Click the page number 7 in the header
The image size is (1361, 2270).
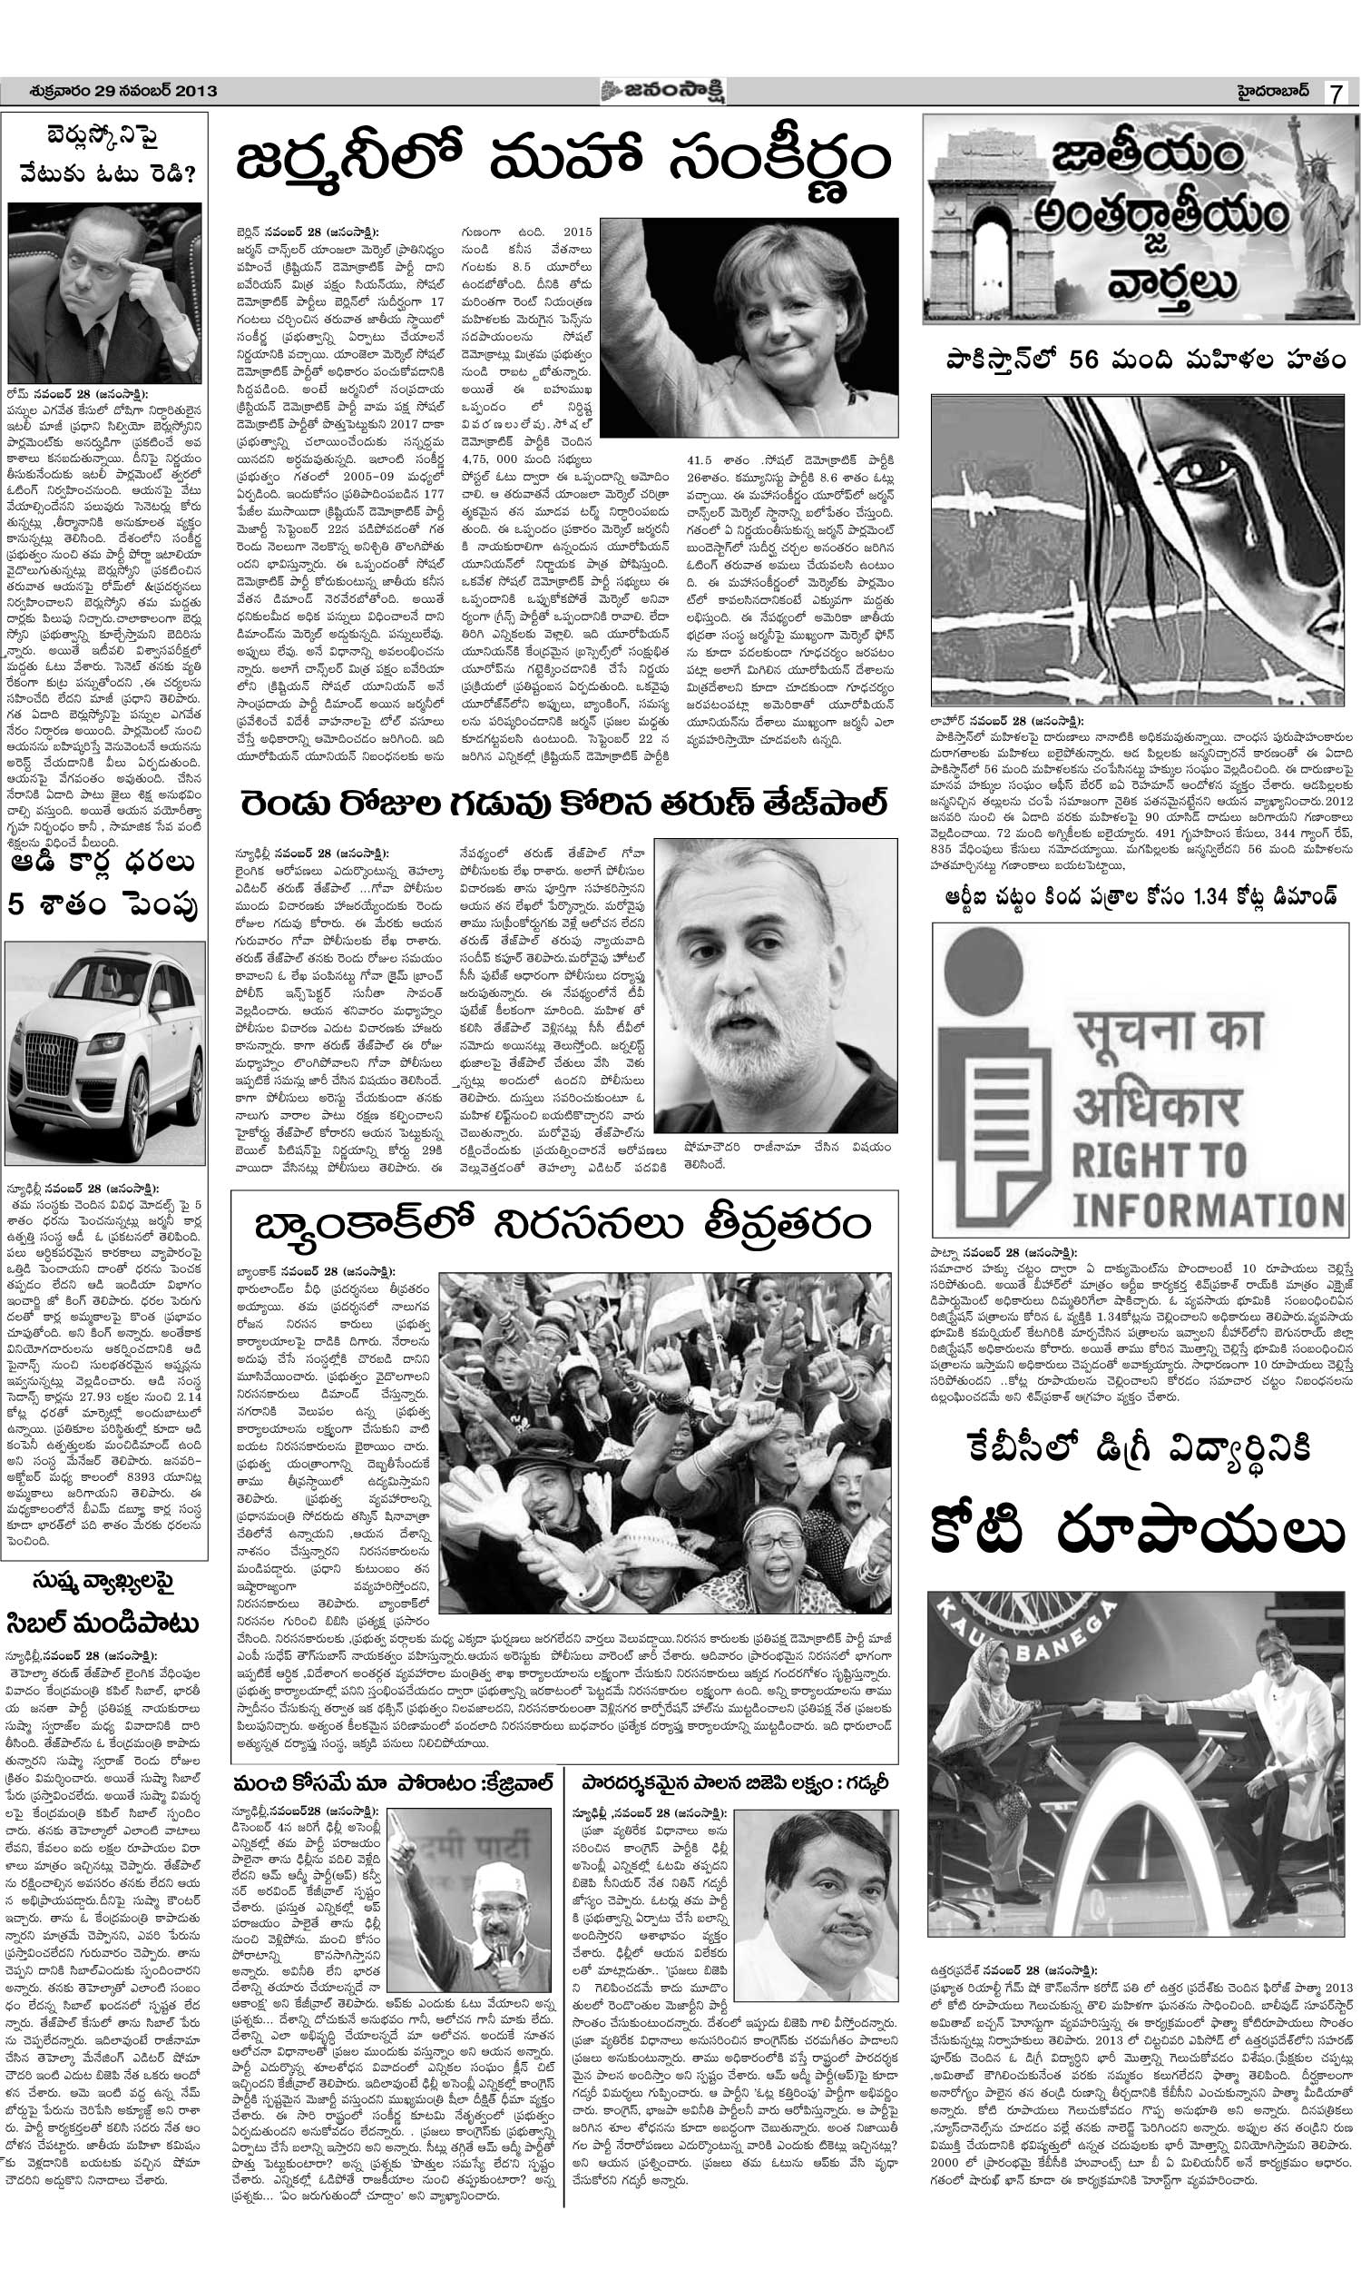pos(1338,93)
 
